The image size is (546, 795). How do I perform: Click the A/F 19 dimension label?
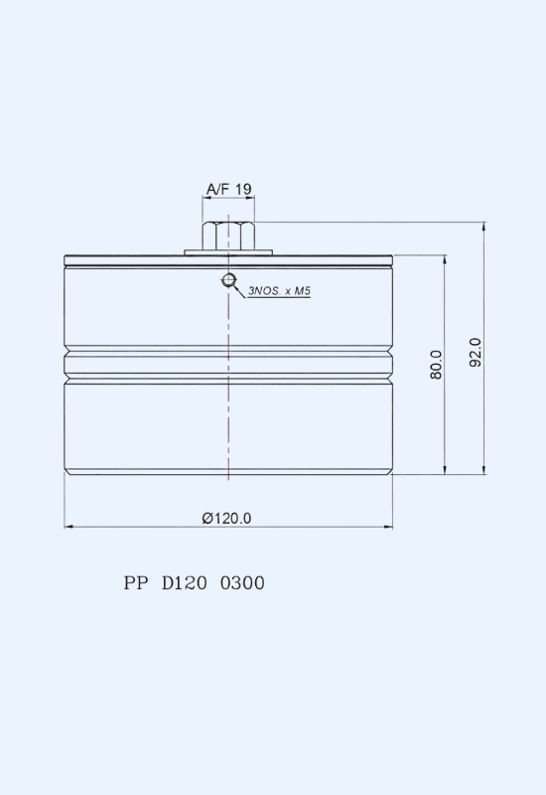tap(229, 189)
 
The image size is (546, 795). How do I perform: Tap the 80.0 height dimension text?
tap(436, 365)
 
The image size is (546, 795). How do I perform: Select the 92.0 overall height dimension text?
tap(476, 353)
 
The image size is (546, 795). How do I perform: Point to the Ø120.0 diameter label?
tap(226, 518)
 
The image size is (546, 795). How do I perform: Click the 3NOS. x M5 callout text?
tap(279, 291)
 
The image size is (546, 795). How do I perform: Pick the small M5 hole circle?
tap(229, 279)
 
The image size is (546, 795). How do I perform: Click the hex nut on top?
tap(228, 236)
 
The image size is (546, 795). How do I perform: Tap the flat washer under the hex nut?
tap(228, 252)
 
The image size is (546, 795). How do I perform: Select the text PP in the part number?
tap(136, 583)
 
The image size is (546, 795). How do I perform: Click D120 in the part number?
tap(185, 583)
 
